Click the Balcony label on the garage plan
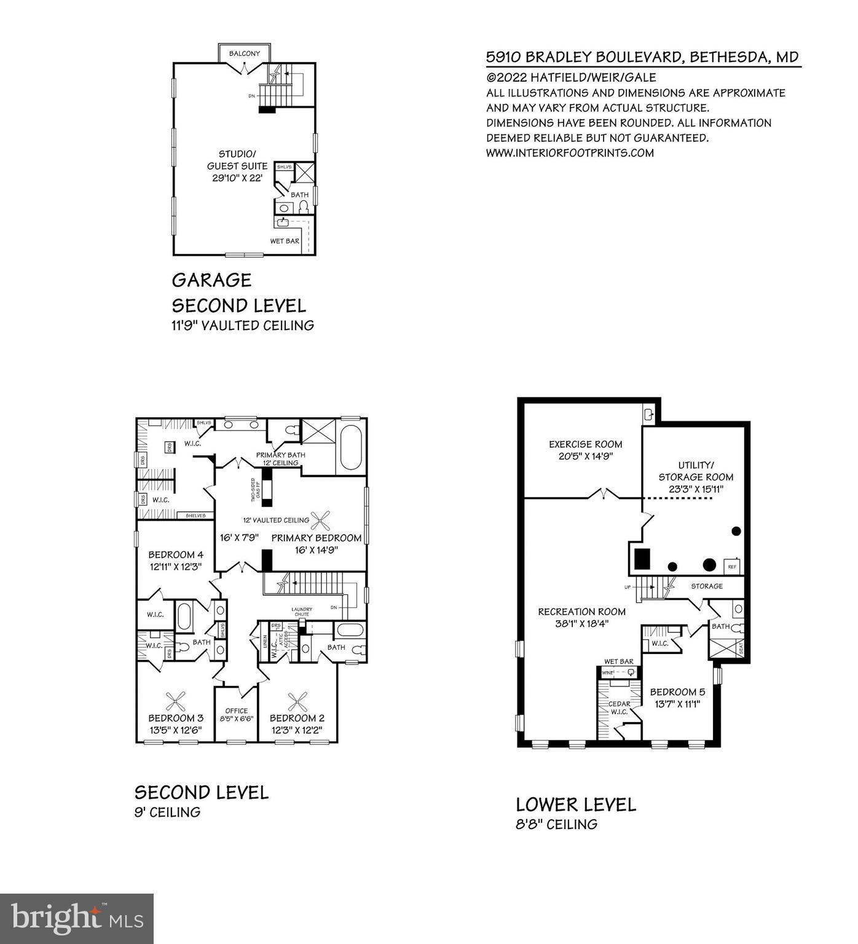coord(244,53)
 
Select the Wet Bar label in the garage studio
coord(285,241)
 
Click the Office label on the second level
coord(237,710)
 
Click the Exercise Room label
coord(585,444)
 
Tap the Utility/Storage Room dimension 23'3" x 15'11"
coord(696,489)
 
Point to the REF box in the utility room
coord(732,566)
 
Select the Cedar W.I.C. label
coord(619,708)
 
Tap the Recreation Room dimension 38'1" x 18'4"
coord(581,624)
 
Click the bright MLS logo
coord(77,919)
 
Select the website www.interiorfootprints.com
coord(570,152)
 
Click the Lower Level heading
coord(576,804)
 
